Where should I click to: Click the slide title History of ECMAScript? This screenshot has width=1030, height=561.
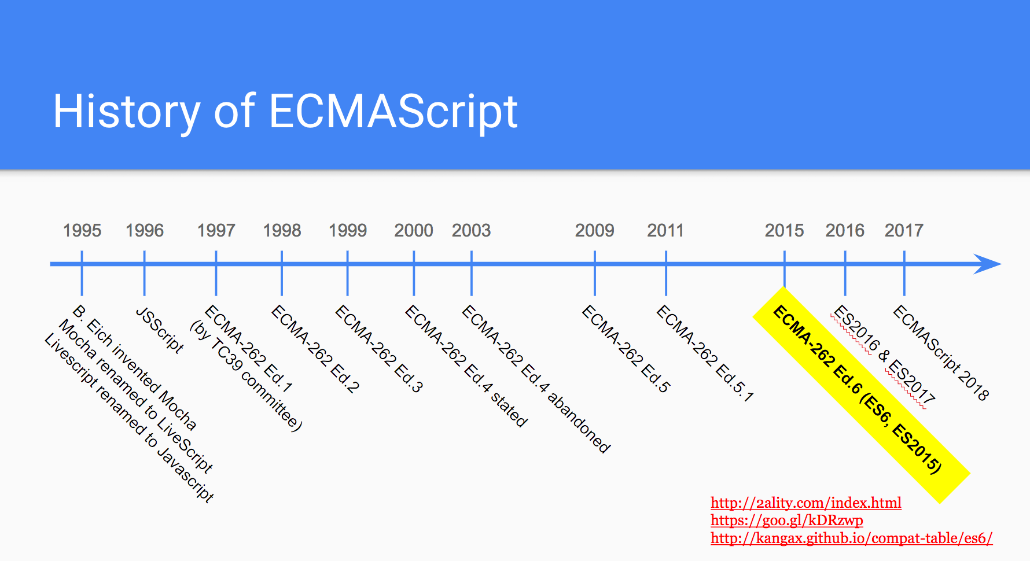tap(285, 112)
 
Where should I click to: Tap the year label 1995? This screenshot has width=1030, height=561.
tap(82, 230)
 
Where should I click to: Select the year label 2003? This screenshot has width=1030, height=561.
tap(471, 230)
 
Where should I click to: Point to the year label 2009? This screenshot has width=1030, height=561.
tap(594, 230)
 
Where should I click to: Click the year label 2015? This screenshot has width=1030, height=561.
tap(784, 230)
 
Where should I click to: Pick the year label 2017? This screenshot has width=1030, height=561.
tap(904, 230)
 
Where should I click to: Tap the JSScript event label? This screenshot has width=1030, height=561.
tap(160, 330)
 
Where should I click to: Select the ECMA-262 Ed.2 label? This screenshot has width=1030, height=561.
tap(315, 349)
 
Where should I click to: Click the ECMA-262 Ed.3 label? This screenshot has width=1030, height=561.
tap(379, 349)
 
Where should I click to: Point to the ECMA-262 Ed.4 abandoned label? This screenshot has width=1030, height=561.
tap(536, 379)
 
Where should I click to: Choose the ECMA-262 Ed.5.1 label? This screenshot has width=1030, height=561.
tap(705, 353)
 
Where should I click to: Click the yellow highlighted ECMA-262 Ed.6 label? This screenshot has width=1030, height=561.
tap(861, 395)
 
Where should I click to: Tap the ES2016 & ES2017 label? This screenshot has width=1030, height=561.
tap(884, 356)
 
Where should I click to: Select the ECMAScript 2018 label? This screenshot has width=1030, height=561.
tap(941, 353)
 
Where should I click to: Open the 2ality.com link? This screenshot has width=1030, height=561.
tap(806, 503)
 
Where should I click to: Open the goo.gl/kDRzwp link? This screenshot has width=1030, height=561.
tap(787, 520)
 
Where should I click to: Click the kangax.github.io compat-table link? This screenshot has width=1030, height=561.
tap(852, 538)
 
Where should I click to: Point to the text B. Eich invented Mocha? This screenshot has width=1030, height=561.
tap(135, 367)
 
